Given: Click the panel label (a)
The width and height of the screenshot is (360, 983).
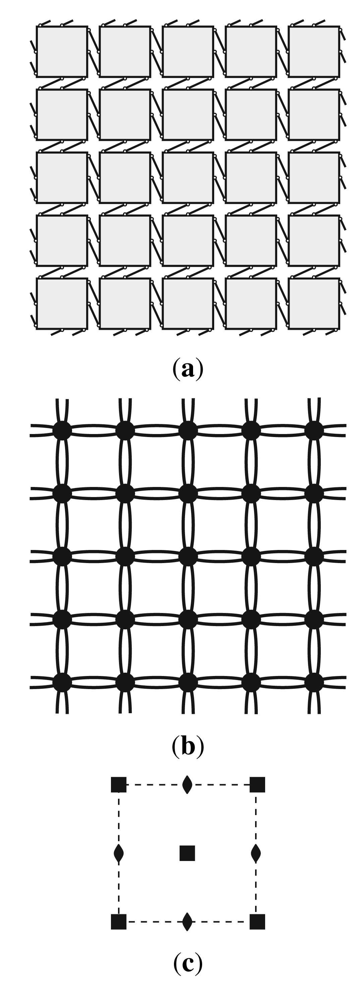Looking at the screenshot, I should click(188, 369).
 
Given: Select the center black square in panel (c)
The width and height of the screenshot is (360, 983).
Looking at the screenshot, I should click(187, 853).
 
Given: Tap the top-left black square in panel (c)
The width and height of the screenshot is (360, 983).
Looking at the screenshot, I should click(119, 785).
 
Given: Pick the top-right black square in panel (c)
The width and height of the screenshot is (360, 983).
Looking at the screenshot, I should click(257, 785).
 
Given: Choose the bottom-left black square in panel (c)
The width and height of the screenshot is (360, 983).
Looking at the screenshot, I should click(119, 922).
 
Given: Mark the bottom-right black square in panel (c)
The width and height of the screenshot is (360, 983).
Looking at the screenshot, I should click(257, 922).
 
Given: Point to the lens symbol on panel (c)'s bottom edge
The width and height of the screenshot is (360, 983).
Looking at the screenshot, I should click(187, 922).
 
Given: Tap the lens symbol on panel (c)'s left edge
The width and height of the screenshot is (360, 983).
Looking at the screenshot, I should click(119, 853).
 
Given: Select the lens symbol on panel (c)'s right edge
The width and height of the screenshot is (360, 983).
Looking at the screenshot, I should click(256, 853).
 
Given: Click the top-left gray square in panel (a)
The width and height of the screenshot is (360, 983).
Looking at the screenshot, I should click(62, 52).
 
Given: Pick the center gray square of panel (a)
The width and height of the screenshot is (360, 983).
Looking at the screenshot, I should click(188, 177).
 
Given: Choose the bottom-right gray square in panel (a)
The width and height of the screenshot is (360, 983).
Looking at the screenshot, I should click(314, 304).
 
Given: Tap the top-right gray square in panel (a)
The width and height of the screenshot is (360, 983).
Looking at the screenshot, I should click(314, 52).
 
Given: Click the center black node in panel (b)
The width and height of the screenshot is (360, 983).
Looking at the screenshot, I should click(188, 557).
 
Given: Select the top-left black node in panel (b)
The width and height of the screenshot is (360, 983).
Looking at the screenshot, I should click(62, 431).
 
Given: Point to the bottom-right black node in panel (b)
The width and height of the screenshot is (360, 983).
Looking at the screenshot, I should click(314, 682).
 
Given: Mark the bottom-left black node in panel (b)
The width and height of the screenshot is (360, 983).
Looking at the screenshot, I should click(62, 682).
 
